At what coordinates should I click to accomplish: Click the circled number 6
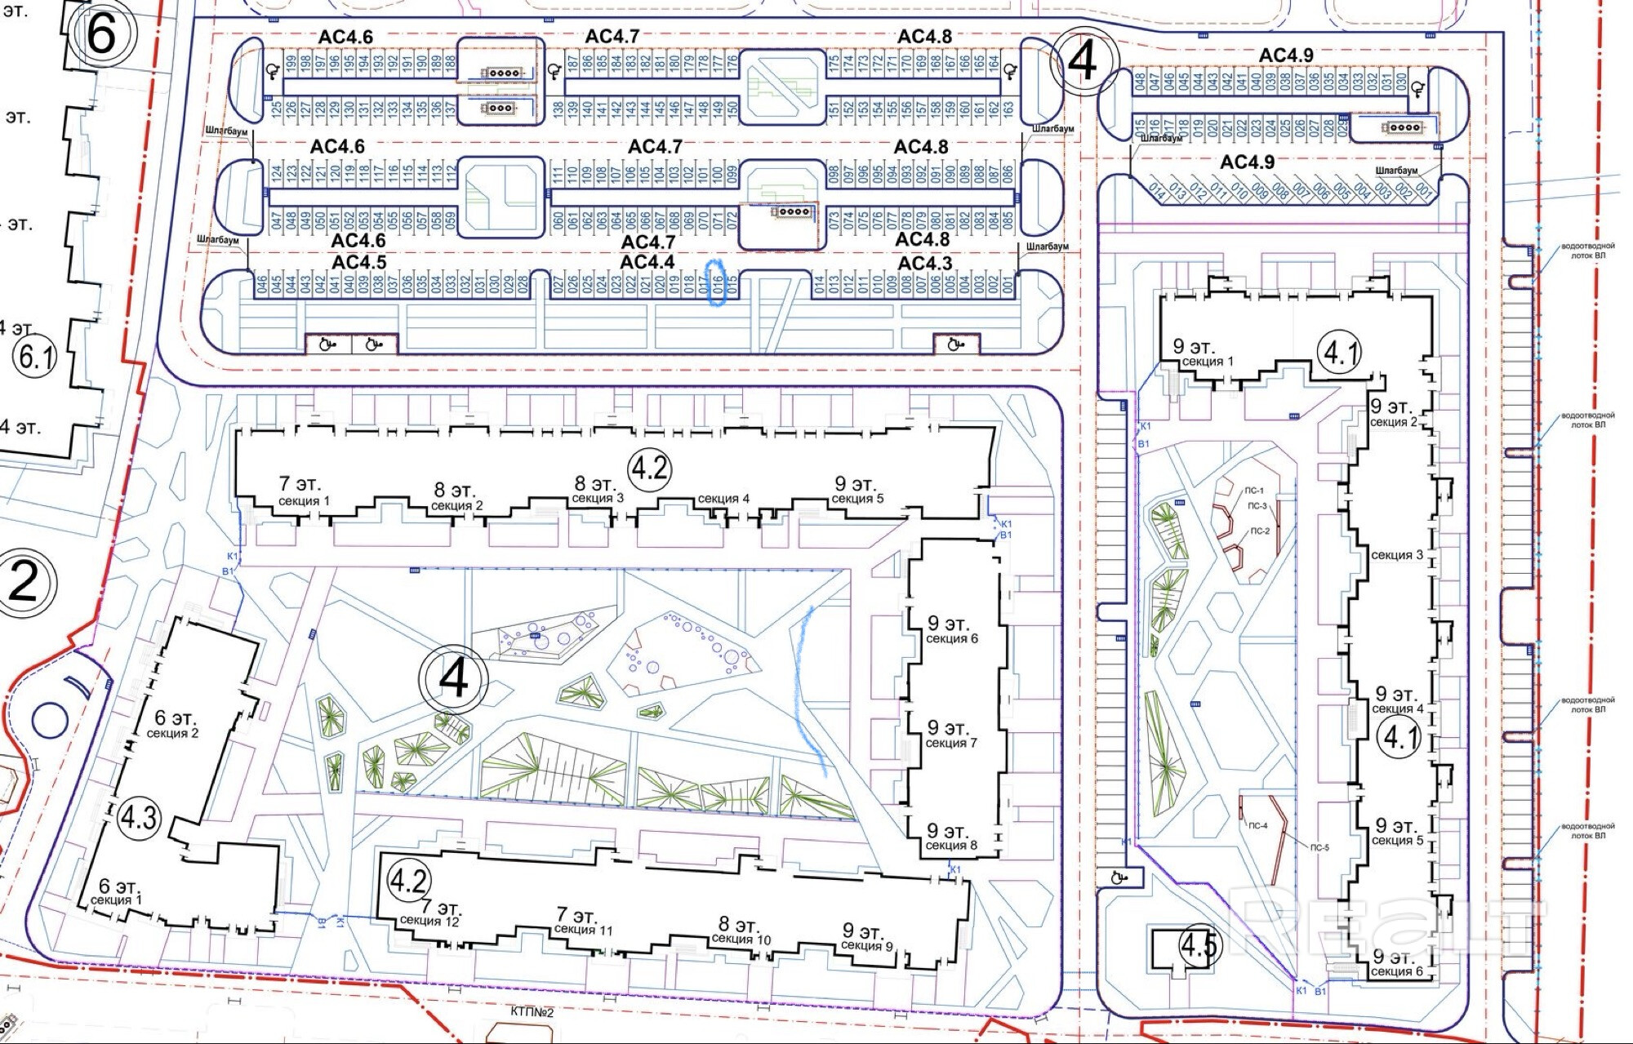pyautogui.click(x=101, y=34)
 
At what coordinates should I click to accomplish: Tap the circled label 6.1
pyautogui.click(x=36, y=357)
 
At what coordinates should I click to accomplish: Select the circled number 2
pyautogui.click(x=24, y=582)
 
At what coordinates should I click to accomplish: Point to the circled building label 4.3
pyautogui.click(x=138, y=816)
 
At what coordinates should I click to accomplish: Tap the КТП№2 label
pyautogui.click(x=532, y=1012)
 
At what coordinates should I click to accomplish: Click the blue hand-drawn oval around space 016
pyautogui.click(x=717, y=282)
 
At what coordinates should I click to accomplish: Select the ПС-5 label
pyautogui.click(x=1319, y=847)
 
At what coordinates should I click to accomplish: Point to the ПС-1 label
pyautogui.click(x=1254, y=491)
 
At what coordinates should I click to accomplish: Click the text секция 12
pyautogui.click(x=429, y=921)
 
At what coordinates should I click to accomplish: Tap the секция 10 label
pyautogui.click(x=741, y=939)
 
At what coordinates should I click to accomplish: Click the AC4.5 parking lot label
pyautogui.click(x=359, y=262)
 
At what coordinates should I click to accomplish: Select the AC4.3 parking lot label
pyautogui.click(x=925, y=263)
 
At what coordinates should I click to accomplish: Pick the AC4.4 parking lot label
pyautogui.click(x=647, y=262)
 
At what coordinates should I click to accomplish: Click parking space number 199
pyautogui.click(x=291, y=62)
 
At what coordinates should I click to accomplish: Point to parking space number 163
pyautogui.click(x=1008, y=108)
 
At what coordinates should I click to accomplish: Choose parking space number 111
pyautogui.click(x=559, y=173)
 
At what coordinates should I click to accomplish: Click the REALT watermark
pyautogui.click(x=1388, y=918)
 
